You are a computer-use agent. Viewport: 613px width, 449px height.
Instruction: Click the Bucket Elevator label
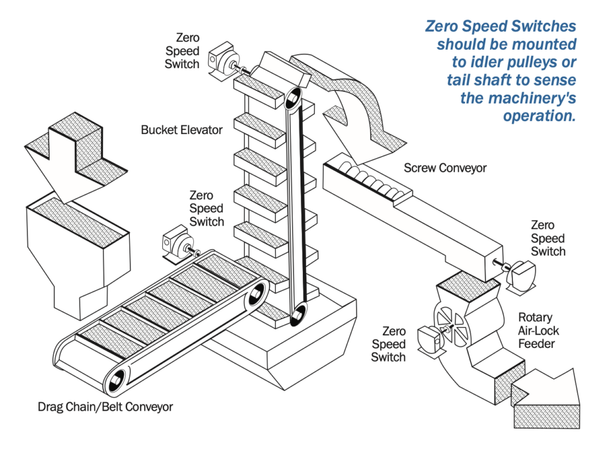point(182,129)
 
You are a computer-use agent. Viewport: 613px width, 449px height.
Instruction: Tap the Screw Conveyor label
point(445,168)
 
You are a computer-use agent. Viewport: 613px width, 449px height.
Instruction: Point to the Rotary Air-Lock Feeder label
point(536,330)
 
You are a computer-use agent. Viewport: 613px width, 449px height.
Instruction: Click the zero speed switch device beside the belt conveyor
point(175,242)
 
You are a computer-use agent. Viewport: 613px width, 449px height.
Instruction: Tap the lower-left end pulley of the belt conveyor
point(117,377)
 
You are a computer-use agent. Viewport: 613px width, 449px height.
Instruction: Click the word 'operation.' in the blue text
point(539,116)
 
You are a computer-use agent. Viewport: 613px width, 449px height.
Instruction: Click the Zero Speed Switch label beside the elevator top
point(182,50)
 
